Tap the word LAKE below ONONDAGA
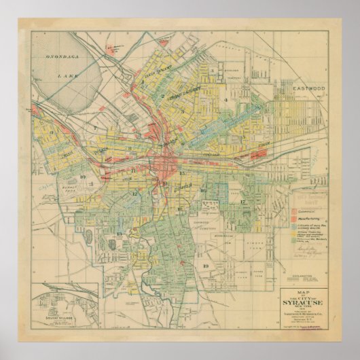click(72, 78)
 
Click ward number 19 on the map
click(204, 266)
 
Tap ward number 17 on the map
click(242, 202)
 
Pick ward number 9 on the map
click(52, 132)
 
